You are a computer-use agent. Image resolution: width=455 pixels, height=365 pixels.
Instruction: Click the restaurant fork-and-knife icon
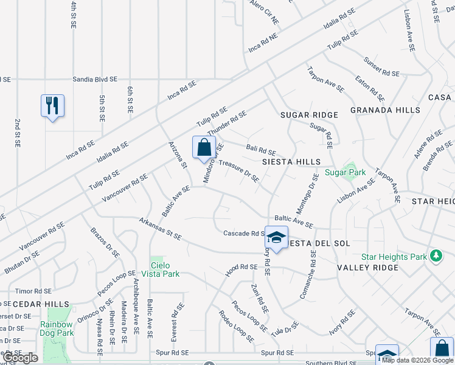(x=52, y=106)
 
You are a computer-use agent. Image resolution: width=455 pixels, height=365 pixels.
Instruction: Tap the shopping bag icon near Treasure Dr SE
(x=204, y=147)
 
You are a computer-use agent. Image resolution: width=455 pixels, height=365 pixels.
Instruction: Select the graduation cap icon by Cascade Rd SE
(x=276, y=238)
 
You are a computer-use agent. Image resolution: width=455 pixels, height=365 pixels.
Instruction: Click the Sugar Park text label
(x=345, y=172)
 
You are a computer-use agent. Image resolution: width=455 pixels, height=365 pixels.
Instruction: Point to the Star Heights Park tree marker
(x=436, y=256)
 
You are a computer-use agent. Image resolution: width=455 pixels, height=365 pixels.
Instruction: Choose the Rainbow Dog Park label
(x=57, y=328)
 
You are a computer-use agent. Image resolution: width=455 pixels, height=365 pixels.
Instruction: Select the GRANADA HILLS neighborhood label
(x=385, y=110)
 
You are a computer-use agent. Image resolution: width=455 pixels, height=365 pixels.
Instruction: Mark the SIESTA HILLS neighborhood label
(x=291, y=162)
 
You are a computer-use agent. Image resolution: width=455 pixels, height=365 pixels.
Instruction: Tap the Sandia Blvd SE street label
(x=94, y=79)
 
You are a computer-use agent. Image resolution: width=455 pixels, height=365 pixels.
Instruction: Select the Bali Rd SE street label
(x=261, y=150)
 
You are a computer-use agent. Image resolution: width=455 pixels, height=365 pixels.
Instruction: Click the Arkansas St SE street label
(x=160, y=229)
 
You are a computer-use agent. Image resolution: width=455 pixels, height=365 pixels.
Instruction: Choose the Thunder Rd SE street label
(x=226, y=123)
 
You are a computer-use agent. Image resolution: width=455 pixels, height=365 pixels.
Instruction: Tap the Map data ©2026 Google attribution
(x=417, y=360)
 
